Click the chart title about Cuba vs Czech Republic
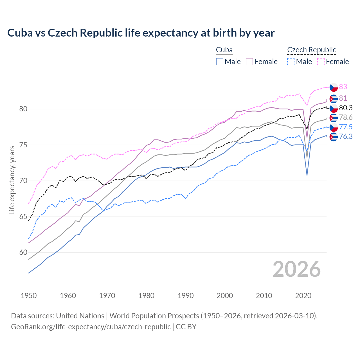pos(141,33)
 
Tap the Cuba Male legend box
pos(220,62)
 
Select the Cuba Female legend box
pos(249,62)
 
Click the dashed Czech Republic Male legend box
pos(291,62)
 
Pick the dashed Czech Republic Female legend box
pos(321,62)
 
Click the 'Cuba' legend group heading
pos(224,50)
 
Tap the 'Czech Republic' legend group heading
pos(312,50)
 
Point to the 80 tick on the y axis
pos(23,109)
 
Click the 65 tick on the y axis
pos(23,217)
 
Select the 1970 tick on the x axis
pos(107,296)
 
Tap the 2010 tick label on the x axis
pos(264,296)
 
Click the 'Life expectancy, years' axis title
pos(12,180)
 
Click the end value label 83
pos(343,87)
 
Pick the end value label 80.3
pos(346,108)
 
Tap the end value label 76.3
pos(346,137)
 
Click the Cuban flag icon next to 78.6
pos(334,118)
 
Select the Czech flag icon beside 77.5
pos(334,127)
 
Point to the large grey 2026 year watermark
pos(296,269)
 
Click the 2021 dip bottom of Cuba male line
pos(307,175)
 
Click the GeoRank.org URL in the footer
pos(91,327)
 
